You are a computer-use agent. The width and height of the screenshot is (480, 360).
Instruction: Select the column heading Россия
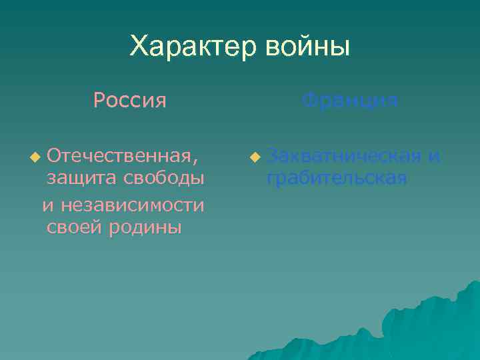(130, 101)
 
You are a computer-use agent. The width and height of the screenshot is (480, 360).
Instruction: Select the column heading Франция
(350, 101)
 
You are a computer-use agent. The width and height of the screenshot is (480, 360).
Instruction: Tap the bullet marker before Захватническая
(253, 158)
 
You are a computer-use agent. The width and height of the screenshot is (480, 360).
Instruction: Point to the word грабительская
(337, 179)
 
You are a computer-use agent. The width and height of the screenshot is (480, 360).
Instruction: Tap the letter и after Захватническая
(434, 157)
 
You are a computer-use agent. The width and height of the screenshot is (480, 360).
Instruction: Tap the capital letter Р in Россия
(99, 101)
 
